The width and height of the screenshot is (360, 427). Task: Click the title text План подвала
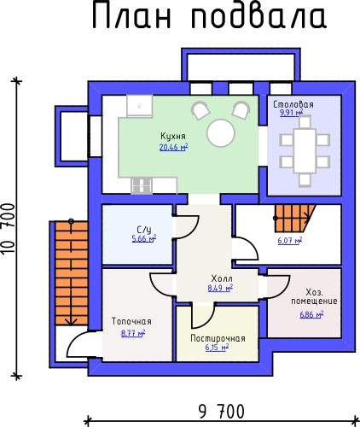tap(210, 16)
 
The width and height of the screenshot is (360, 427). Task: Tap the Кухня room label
tap(173, 136)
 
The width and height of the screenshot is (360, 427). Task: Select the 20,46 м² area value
tap(173, 147)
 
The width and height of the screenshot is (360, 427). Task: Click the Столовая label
tap(293, 104)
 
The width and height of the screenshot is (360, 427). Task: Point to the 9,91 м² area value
tap(291, 113)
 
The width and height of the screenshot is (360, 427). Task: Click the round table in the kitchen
tap(221, 133)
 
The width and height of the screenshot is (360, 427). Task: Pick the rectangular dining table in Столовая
tap(305, 151)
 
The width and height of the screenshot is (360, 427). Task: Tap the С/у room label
tap(144, 230)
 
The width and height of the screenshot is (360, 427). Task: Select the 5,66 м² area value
tap(144, 238)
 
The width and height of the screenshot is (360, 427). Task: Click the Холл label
tap(222, 278)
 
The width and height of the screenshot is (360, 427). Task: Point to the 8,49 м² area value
tap(220, 288)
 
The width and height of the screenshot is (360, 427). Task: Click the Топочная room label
tap(131, 321)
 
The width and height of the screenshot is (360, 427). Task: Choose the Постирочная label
tap(218, 338)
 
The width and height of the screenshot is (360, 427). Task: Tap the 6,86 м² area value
tap(311, 314)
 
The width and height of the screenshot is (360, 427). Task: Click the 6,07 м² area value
tap(290, 241)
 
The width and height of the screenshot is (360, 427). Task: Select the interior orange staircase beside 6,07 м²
tap(294, 218)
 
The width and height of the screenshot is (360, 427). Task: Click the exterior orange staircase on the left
tap(72, 273)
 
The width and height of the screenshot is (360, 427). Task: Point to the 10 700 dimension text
tap(8, 229)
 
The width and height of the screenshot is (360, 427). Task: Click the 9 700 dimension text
tap(222, 412)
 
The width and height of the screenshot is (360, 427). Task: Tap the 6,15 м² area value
tap(217, 348)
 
